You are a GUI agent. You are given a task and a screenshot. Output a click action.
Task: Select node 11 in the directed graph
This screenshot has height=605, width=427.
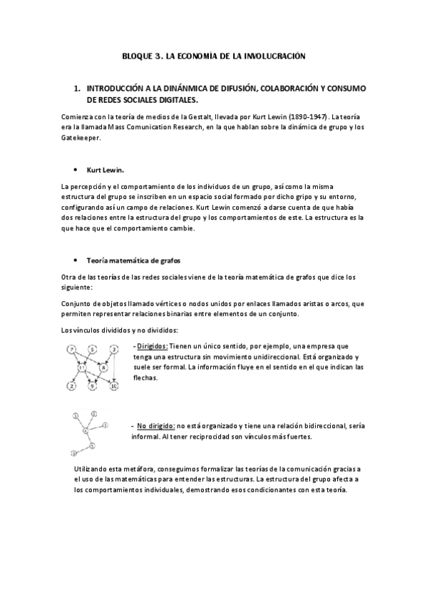(x=82, y=368)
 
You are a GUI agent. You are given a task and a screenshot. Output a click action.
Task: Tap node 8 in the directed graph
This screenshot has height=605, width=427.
(x=104, y=368)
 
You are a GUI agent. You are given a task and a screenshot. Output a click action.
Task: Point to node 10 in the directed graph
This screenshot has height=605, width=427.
(x=113, y=386)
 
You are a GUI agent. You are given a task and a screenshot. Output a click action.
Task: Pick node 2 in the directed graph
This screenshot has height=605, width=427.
(x=71, y=386)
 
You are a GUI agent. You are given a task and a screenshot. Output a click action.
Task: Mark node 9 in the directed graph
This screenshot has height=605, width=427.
(x=92, y=386)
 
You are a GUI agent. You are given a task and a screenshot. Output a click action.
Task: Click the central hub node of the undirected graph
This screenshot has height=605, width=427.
(x=86, y=430)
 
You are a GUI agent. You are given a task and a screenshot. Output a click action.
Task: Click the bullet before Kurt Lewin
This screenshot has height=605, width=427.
(x=76, y=171)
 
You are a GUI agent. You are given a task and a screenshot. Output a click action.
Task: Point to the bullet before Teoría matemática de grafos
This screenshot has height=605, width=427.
(x=76, y=262)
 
